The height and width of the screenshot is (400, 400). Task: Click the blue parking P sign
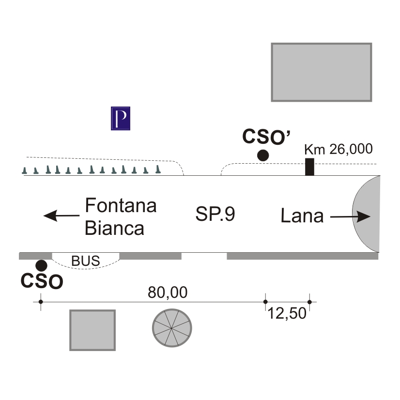pos(121,118)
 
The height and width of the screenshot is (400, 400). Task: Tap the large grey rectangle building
pos(321,72)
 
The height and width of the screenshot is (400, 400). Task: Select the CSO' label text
pos(266,138)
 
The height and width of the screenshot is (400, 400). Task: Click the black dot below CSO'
pos(263,155)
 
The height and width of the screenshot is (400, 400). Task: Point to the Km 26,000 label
pos(338,149)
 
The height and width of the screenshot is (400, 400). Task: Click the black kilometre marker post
pos(309,167)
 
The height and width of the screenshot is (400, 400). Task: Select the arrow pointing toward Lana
pos(351,217)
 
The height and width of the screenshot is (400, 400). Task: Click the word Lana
pos(302,216)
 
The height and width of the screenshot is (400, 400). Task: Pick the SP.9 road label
pos(215,214)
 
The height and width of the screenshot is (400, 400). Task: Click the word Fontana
pos(121,205)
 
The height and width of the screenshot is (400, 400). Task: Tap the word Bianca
pos(114,228)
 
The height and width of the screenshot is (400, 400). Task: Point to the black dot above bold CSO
pos(42,265)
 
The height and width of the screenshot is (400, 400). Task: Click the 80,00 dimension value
pos(168,292)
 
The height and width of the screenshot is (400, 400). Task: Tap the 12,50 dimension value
pos(287,313)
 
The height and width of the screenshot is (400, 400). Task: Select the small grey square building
pos(92,330)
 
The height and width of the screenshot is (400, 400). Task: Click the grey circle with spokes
pos(172,327)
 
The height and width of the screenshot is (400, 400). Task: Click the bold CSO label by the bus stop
pos(42,282)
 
